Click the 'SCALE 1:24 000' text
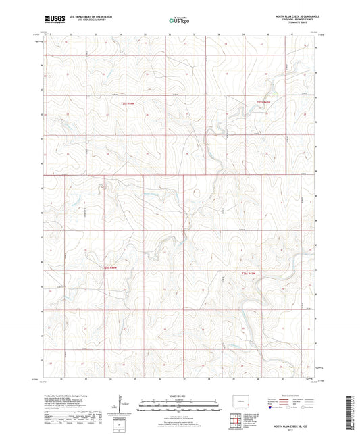[178, 395]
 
